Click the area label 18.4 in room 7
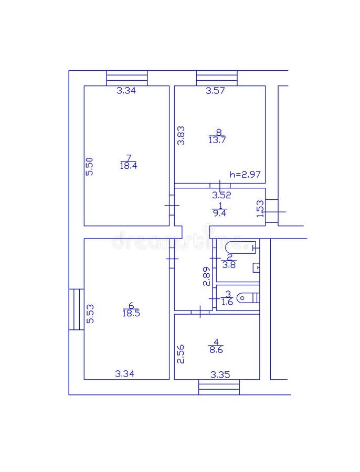click(x=128, y=166)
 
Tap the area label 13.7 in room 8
click(x=217, y=140)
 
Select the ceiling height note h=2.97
click(x=245, y=175)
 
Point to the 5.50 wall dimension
click(x=89, y=166)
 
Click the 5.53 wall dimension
click(x=90, y=314)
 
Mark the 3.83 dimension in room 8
click(x=181, y=135)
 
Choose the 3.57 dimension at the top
click(x=215, y=91)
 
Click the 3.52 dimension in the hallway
click(x=221, y=195)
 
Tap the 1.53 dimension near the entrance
click(x=259, y=208)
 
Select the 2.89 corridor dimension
click(x=207, y=276)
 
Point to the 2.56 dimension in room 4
click(x=181, y=354)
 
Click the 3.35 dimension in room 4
click(x=220, y=374)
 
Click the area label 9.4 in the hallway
click(x=219, y=213)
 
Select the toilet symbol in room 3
click(x=248, y=298)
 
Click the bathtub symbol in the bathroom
click(x=240, y=246)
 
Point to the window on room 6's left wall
click(x=77, y=309)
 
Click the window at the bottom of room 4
click(x=219, y=388)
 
